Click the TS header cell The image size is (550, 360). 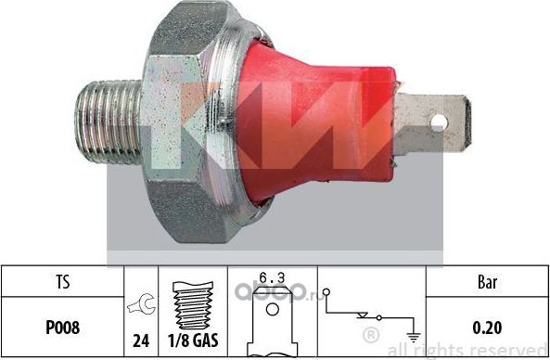tap(63, 279)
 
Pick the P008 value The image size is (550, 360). tap(63, 327)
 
